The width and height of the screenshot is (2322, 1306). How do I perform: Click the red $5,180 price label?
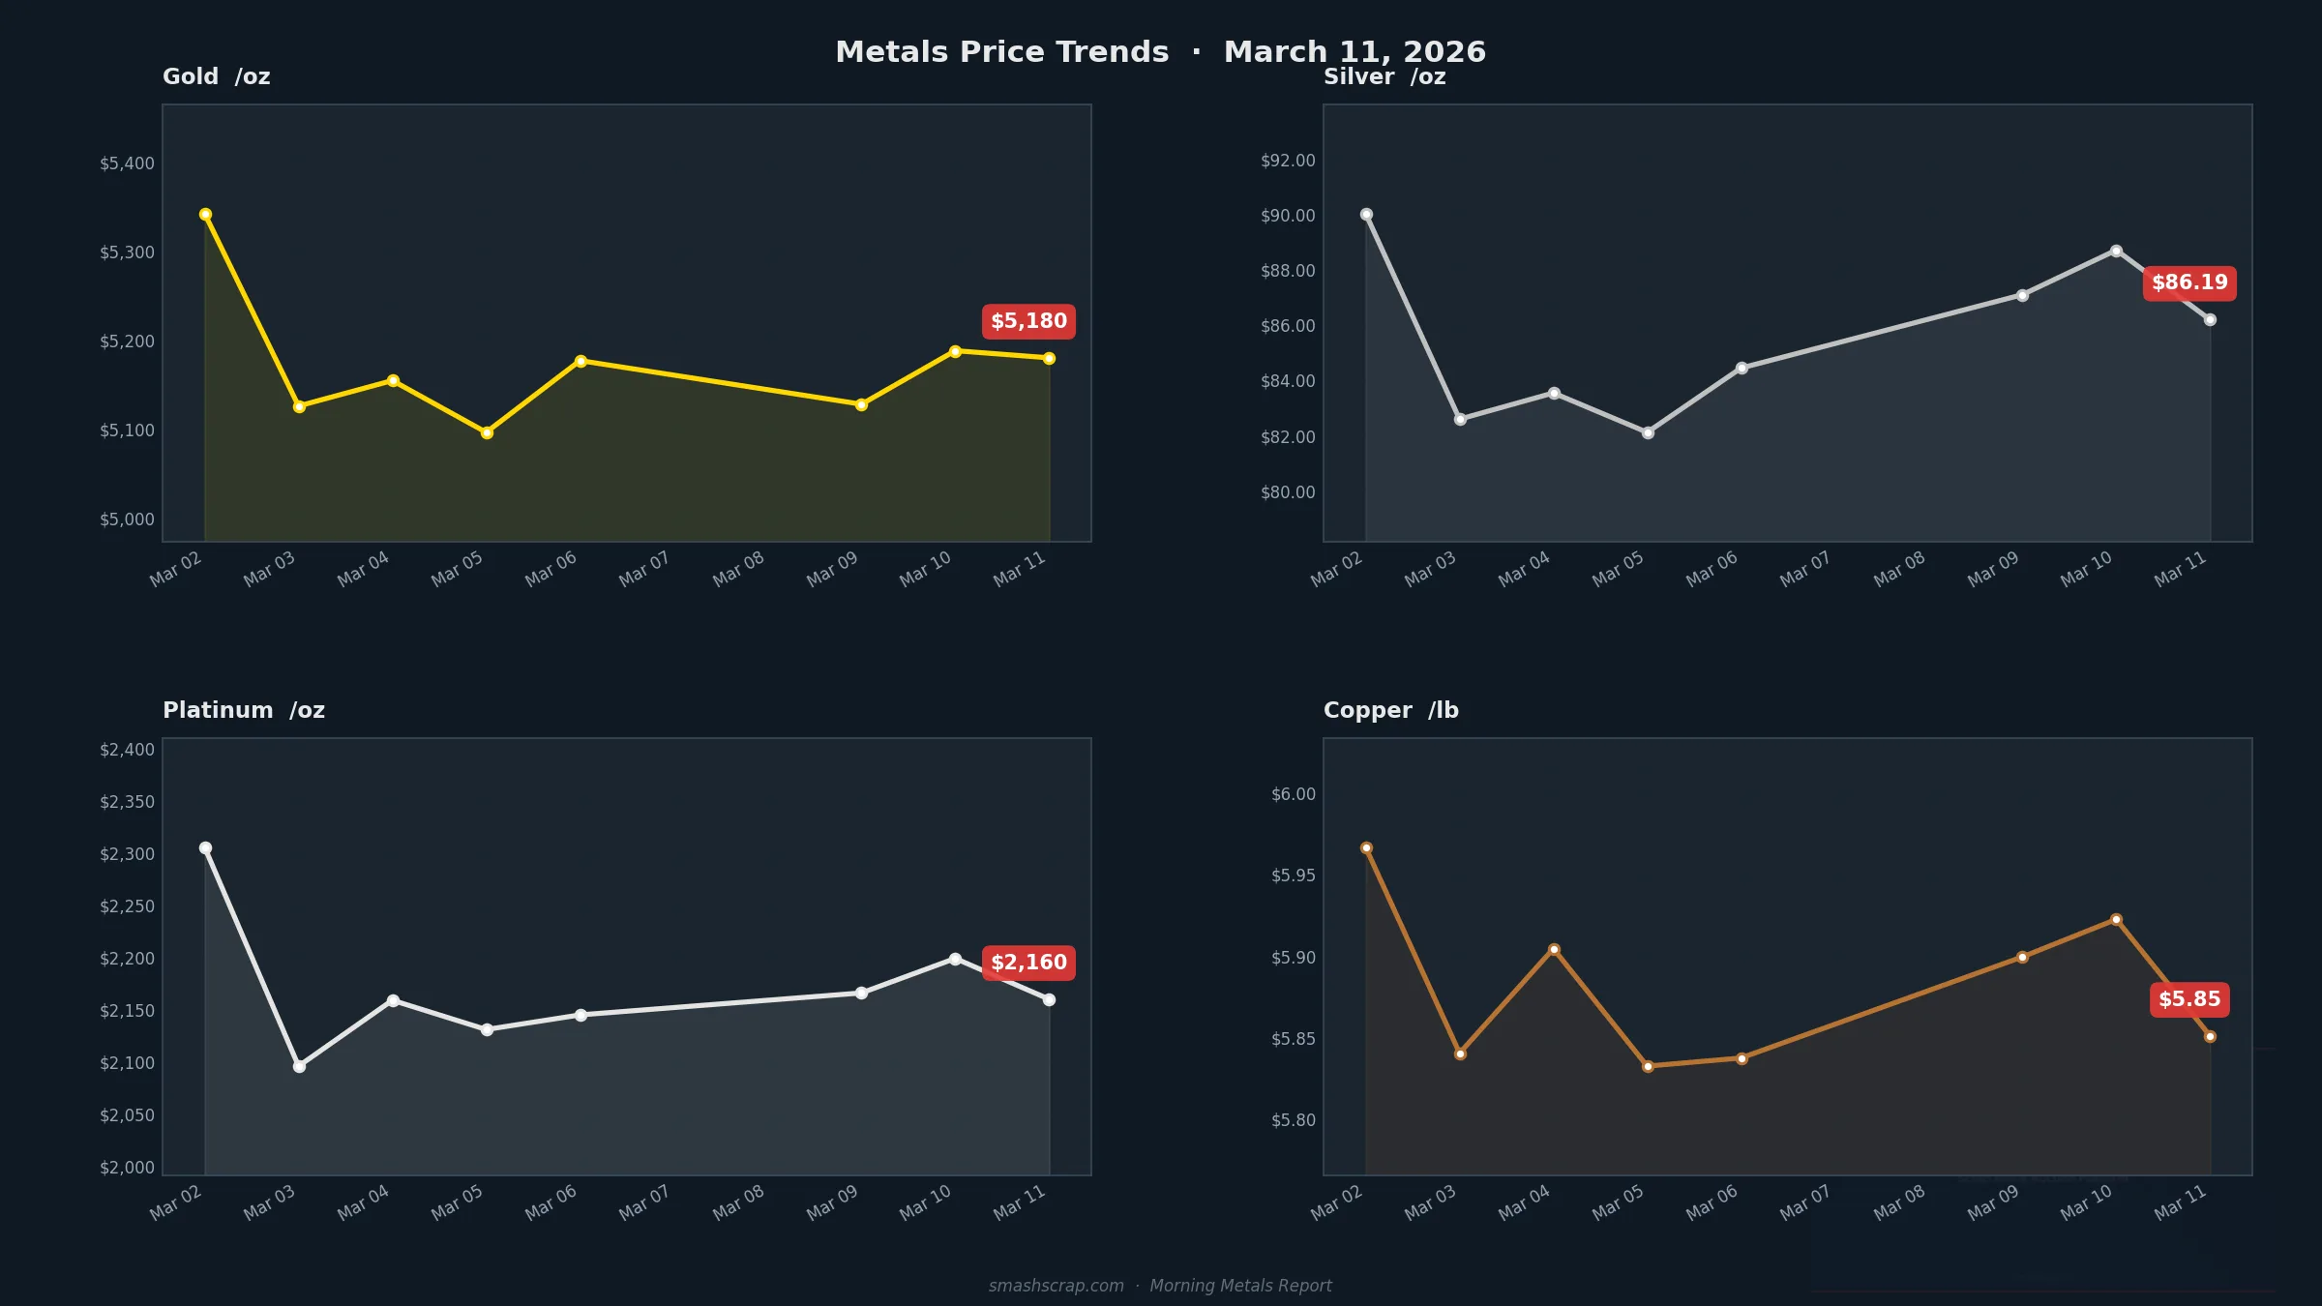pyautogui.click(x=1028, y=321)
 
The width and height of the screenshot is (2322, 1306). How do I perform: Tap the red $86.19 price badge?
pyautogui.click(x=2189, y=282)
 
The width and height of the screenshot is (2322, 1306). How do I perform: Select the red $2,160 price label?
pyautogui.click(x=1028, y=963)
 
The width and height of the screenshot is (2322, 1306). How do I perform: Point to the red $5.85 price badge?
pyautogui.click(x=2189, y=999)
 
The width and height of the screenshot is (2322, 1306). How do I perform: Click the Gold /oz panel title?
pyautogui.click(x=216, y=76)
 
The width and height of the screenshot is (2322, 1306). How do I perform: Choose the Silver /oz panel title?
pyautogui.click(x=1384, y=76)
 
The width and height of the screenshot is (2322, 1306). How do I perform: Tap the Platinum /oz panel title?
pyautogui.click(x=243, y=710)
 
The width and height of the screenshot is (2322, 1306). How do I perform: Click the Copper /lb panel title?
pyautogui.click(x=1390, y=710)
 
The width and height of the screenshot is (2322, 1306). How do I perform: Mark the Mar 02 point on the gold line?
pyautogui.click(x=205, y=214)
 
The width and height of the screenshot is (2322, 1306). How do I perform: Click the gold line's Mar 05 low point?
pyautogui.click(x=487, y=432)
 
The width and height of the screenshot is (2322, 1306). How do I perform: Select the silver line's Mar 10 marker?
pyautogui.click(x=2116, y=251)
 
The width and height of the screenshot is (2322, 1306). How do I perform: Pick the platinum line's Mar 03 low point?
pyautogui.click(x=299, y=1066)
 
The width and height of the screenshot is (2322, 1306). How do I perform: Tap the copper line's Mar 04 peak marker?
pyautogui.click(x=1554, y=949)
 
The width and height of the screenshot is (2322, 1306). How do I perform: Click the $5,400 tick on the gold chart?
pyautogui.click(x=127, y=163)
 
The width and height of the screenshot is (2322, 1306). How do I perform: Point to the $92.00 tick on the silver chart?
pyautogui.click(x=1288, y=161)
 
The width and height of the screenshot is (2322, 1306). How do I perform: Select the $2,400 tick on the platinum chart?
pyautogui.click(x=127, y=750)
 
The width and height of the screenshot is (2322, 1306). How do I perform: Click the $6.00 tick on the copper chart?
pyautogui.click(x=1294, y=794)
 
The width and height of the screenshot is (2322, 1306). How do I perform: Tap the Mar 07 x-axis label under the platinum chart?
pyautogui.click(x=644, y=1202)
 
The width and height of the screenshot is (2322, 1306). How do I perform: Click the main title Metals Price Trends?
pyautogui.click(x=1001, y=52)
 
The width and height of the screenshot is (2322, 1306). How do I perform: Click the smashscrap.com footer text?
pyautogui.click(x=1056, y=1286)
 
